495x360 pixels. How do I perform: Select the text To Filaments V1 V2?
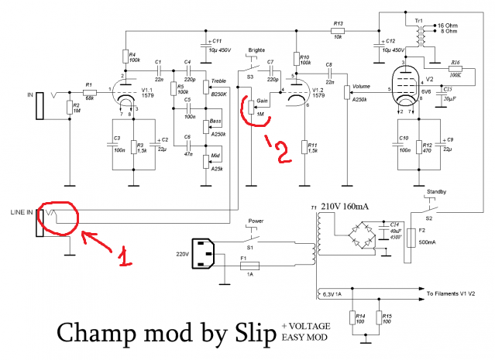coord(458,294)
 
